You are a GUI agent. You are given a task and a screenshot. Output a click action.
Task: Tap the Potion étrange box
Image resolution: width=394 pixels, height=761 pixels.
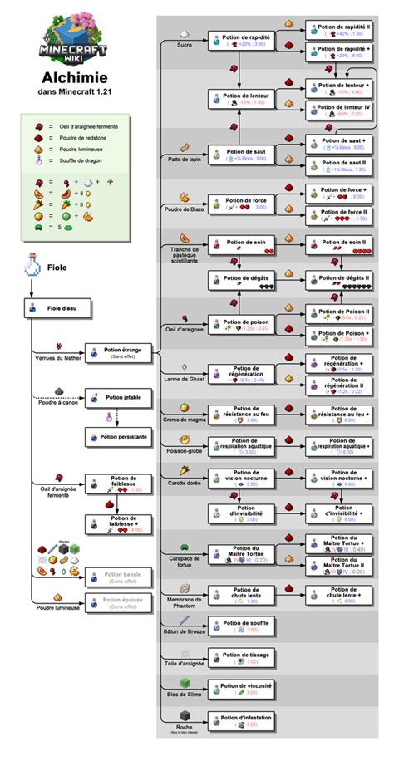pos(117,353)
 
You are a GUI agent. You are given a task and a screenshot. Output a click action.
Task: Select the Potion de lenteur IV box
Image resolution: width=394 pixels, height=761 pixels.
pos(342,110)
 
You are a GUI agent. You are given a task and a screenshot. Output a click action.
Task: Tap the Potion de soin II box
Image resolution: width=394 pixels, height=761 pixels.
pos(342,244)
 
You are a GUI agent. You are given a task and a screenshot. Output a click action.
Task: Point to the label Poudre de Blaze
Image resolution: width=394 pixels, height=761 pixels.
pos(184,209)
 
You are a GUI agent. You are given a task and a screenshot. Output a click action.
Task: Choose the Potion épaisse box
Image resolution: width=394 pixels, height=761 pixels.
pos(117,602)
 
